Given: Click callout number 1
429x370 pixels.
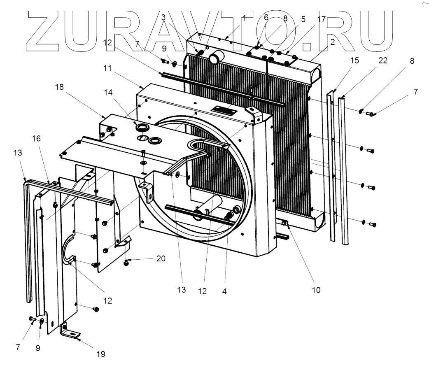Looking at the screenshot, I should pos(244,18).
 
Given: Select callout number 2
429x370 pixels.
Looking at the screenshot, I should pos(332,41).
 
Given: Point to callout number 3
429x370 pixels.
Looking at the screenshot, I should pos(163,18).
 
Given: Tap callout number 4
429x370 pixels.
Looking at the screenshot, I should pos(224,291).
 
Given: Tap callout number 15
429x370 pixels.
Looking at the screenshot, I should pos(354,61).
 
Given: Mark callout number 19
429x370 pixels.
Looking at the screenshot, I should pos(101,353).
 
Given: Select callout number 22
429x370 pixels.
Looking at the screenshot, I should pos(383,61).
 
